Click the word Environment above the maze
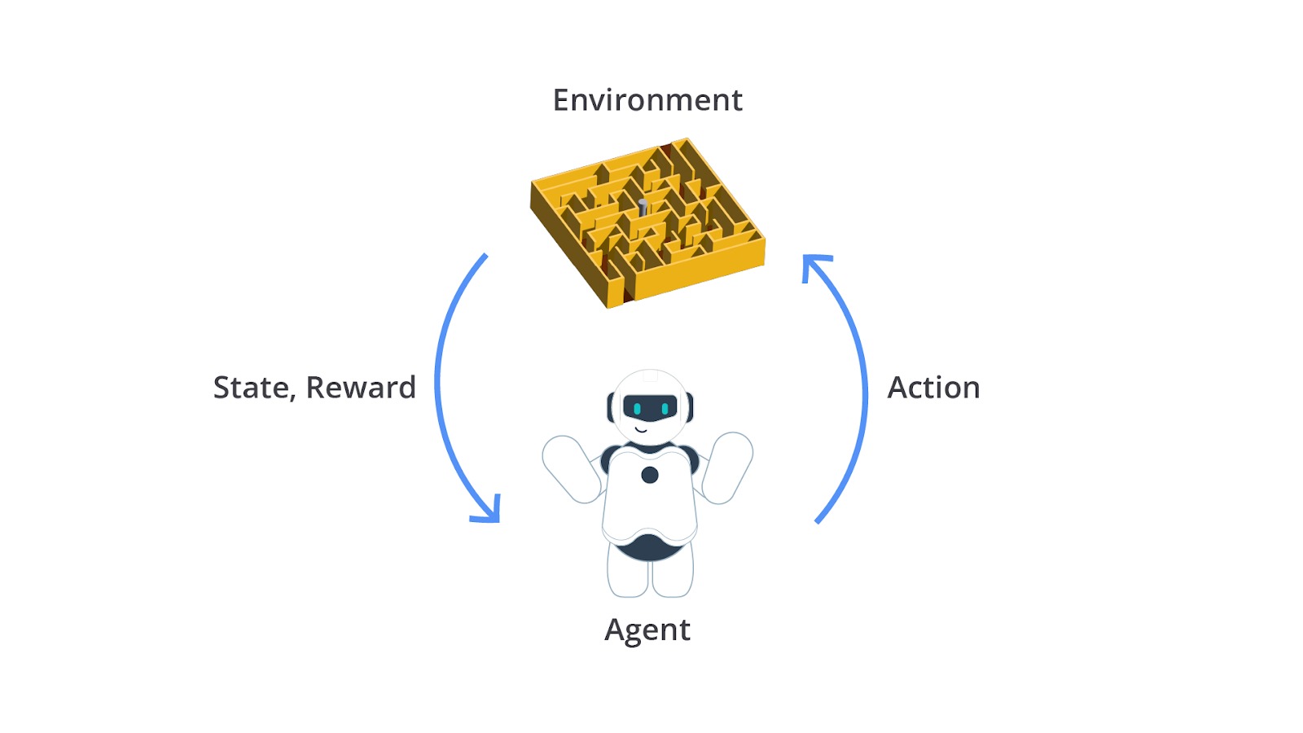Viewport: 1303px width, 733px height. tap(647, 100)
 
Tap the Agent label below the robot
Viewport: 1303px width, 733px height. tap(647, 630)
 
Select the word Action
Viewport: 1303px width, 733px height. tap(933, 388)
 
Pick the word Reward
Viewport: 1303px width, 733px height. tap(361, 388)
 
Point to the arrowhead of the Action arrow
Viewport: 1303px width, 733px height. tap(814, 266)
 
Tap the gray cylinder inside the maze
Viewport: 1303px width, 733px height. tap(643, 207)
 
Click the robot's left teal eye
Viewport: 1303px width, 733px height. tap(637, 409)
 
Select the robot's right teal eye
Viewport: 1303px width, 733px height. tap(665, 409)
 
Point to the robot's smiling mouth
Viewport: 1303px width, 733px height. tap(641, 430)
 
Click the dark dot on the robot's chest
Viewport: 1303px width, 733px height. tap(650, 476)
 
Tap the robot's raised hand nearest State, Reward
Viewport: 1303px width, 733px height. tap(571, 469)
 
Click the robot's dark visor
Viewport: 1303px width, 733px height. tap(651, 408)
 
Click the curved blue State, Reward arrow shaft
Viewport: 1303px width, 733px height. tap(437, 384)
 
